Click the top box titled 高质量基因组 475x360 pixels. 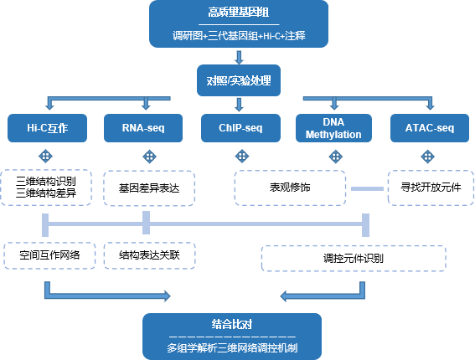pyautogui.click(x=237, y=24)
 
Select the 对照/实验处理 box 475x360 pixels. pyautogui.click(x=237, y=82)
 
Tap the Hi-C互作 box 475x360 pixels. pyautogui.click(x=48, y=128)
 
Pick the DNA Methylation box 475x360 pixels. pyautogui.click(x=333, y=128)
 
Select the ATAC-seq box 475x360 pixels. pyautogui.click(x=429, y=128)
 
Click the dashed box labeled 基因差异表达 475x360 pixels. pyautogui.click(x=148, y=188)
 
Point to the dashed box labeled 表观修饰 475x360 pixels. pyautogui.click(x=289, y=188)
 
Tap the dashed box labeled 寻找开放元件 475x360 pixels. pyautogui.click(x=429, y=188)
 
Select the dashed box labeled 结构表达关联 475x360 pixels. pyautogui.click(x=148, y=255)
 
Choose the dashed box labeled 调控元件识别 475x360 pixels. pyautogui.click(x=353, y=259)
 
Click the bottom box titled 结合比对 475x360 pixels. pyautogui.click(x=231, y=335)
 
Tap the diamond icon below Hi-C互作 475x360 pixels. pyautogui.click(x=48, y=156)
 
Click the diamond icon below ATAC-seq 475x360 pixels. pyautogui.click(x=429, y=156)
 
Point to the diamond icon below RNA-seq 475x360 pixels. pyautogui.click(x=148, y=156)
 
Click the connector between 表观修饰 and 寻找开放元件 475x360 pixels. pyautogui.click(x=366, y=188)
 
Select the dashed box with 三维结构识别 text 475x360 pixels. pyautogui.click(x=48, y=188)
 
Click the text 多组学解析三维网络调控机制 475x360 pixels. pyautogui.click(x=231, y=347)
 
